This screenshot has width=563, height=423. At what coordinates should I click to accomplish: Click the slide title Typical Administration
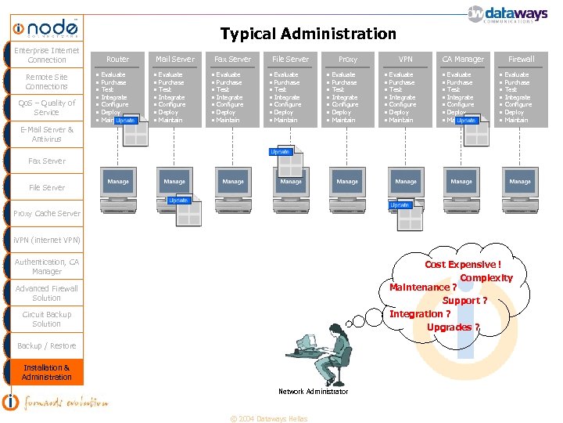[x=308, y=34]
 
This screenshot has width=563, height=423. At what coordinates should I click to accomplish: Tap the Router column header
[x=117, y=59]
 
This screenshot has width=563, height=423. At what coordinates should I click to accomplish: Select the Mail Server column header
[x=175, y=59]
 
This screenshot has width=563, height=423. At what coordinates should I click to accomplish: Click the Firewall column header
[x=521, y=59]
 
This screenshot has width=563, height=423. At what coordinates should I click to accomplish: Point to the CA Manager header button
[x=463, y=59]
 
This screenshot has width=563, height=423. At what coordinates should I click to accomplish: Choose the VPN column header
[x=405, y=59]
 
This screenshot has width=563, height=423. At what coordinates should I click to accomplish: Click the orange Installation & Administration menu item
[x=46, y=372]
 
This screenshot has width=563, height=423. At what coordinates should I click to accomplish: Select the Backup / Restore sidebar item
[x=46, y=345]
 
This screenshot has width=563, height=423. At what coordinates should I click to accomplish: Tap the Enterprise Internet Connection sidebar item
[x=46, y=55]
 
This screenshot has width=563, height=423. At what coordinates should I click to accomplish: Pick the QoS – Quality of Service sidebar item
[x=46, y=107]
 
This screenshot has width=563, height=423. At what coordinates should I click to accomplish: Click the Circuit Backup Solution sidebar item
[x=46, y=319]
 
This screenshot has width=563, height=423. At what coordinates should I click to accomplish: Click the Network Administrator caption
[x=313, y=392]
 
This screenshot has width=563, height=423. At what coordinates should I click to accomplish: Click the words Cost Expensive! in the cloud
[x=461, y=265]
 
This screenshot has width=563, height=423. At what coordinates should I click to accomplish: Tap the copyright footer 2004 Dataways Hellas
[x=268, y=418]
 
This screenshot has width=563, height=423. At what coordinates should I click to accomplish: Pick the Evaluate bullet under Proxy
[x=343, y=74]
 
